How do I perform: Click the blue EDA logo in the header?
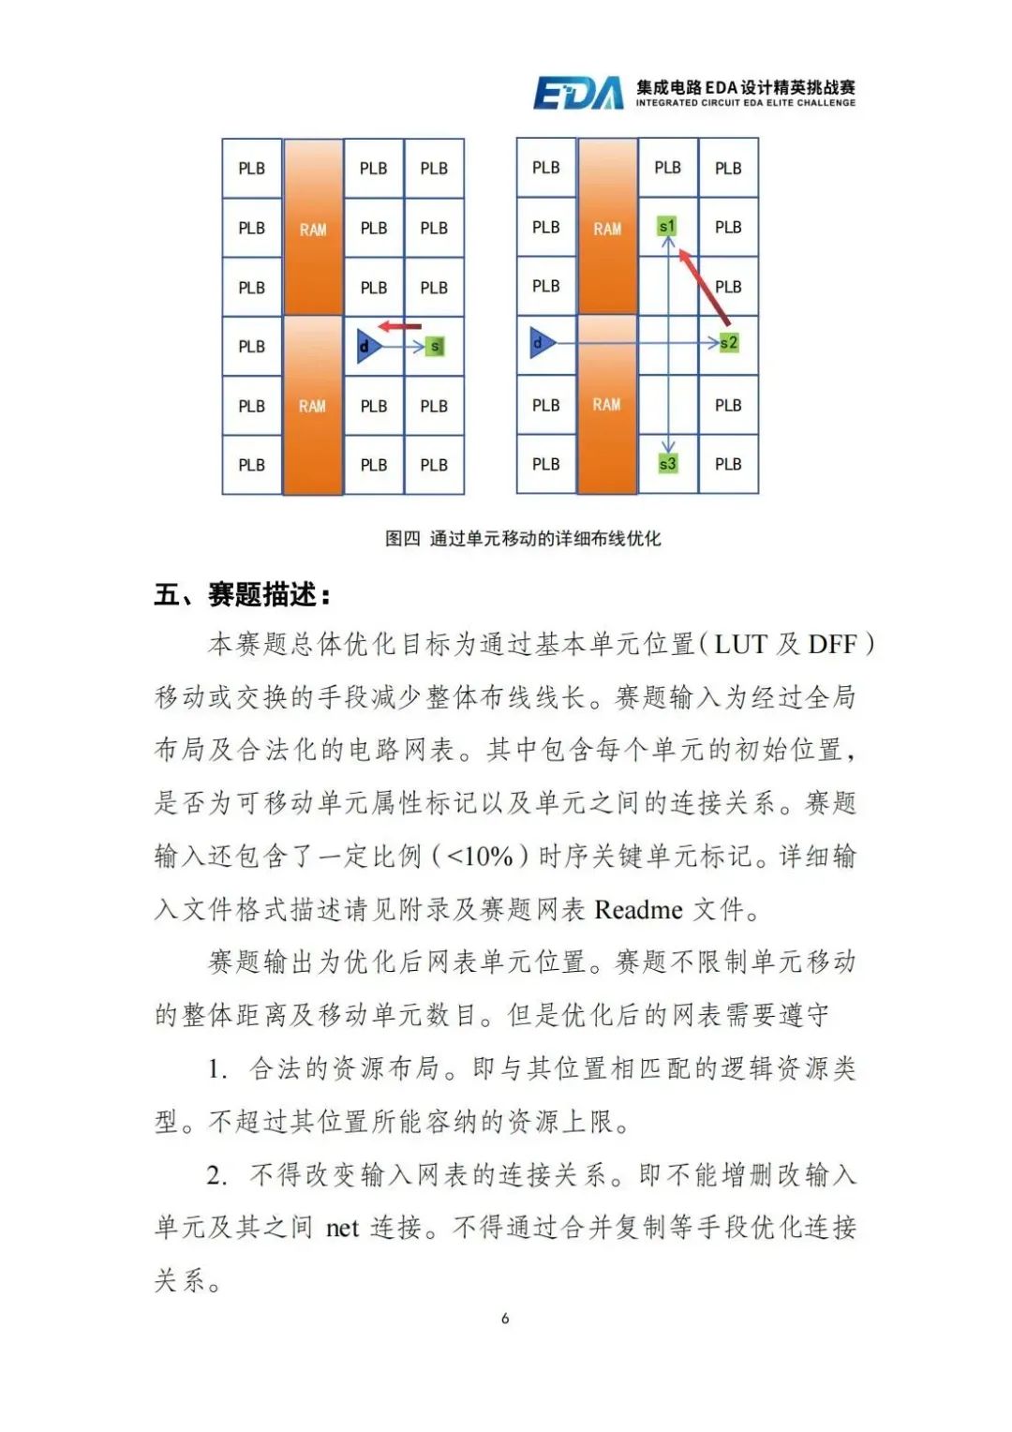pos(577,93)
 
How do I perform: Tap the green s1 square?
pos(667,227)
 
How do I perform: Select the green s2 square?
pos(729,343)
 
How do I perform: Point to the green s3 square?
pos(667,464)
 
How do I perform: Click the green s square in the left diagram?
pos(434,347)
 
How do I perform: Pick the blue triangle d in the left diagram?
pos(368,347)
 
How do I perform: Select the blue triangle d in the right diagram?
pos(541,343)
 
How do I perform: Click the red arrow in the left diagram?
pos(400,327)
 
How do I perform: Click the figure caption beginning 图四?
pos(523,539)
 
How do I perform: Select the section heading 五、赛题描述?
pos(243,595)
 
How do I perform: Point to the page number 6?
pos(505,1319)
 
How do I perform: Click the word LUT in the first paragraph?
pos(740,645)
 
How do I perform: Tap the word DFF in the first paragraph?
pos(832,645)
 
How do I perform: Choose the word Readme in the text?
pos(638,910)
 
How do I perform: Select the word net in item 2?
pos(342,1228)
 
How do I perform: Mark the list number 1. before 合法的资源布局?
pos(217,1069)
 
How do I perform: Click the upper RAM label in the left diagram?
pos(313,230)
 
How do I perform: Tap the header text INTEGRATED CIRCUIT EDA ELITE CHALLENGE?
pos(745,103)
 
